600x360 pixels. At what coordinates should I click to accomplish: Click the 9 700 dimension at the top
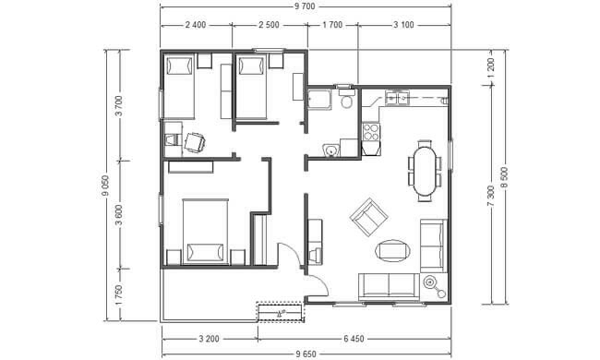(x=305, y=6)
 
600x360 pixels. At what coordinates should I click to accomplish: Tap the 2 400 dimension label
(x=196, y=25)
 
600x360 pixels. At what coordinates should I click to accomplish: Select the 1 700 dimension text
(x=332, y=25)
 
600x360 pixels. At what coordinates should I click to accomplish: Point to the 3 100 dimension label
(x=403, y=25)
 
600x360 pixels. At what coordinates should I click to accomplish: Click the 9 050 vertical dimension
(x=105, y=186)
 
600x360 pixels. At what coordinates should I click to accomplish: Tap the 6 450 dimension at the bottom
(x=354, y=339)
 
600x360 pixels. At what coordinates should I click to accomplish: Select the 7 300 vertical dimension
(x=491, y=196)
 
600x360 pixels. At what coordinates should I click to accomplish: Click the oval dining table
(x=425, y=171)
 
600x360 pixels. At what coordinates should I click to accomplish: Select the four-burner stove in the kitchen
(x=371, y=132)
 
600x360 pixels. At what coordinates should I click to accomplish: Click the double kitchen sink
(x=397, y=98)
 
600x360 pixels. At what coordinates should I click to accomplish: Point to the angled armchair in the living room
(x=369, y=217)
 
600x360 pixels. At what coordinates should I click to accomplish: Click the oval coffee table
(x=393, y=251)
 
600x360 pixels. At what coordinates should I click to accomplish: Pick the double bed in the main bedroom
(x=205, y=232)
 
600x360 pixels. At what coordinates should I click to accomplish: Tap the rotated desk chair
(x=195, y=142)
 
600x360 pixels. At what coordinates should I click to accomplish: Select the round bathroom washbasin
(x=330, y=150)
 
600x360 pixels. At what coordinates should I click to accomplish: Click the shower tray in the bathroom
(x=320, y=100)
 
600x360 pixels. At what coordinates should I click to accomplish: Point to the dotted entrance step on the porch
(x=281, y=312)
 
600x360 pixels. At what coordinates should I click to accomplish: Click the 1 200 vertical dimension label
(x=491, y=67)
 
